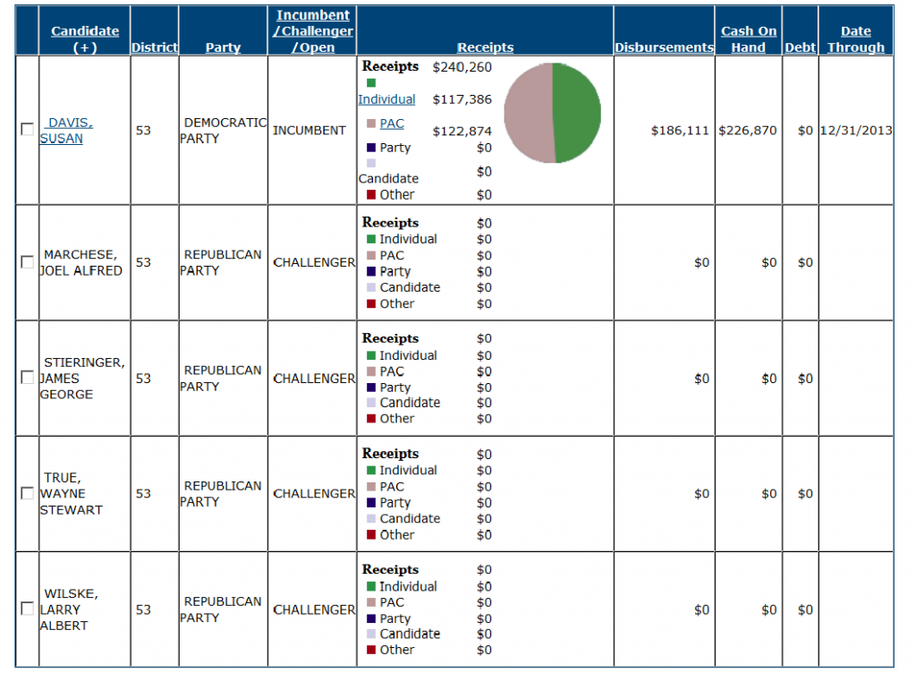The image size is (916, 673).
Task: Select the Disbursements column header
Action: (664, 47)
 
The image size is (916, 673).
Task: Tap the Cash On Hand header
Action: (749, 39)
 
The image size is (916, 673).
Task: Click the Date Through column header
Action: (855, 39)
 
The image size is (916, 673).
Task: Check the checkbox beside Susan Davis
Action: (28, 129)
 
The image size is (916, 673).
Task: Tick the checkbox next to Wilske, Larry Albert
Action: (28, 609)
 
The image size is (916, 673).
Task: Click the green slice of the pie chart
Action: (578, 112)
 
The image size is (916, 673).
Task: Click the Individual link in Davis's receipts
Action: (386, 99)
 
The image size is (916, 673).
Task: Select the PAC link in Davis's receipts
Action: (392, 124)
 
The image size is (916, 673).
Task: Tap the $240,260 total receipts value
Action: (462, 67)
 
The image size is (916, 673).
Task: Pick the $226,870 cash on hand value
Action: (748, 131)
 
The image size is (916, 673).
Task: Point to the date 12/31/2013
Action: (856, 131)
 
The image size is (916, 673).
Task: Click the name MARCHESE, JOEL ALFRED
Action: (81, 262)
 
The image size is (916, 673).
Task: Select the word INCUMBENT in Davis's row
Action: (309, 131)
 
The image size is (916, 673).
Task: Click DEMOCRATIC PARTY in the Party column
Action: (224, 131)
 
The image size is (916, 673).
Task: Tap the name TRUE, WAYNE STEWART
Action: (72, 493)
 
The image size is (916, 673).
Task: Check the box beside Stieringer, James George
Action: (28, 378)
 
